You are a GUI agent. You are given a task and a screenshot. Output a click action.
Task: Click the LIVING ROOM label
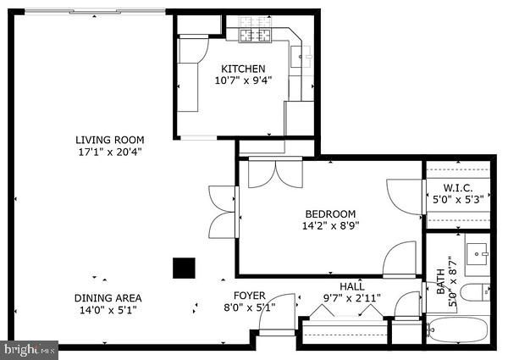tap(109, 140)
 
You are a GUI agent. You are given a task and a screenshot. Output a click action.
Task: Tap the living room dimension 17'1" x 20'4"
tap(109, 152)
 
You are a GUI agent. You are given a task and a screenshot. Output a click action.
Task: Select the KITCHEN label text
tap(243, 69)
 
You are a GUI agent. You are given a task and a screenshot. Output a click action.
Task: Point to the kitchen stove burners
tap(253, 35)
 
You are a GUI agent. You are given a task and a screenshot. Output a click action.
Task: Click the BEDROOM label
tap(329, 213)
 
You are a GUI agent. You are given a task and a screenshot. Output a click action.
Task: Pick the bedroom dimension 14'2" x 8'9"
tap(329, 226)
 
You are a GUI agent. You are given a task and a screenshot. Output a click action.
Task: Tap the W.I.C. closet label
tap(458, 187)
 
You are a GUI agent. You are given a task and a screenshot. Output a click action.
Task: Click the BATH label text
tap(441, 276)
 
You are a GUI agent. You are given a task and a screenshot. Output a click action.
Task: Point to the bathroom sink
tap(481, 253)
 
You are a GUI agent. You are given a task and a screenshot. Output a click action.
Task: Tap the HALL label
tap(352, 286)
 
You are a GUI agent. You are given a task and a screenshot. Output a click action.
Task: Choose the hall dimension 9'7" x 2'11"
tap(352, 298)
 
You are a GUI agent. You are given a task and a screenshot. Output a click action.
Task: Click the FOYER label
tap(249, 296)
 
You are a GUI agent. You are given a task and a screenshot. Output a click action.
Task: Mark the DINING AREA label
tap(108, 297)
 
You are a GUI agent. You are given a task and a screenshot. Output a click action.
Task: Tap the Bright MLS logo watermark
tap(30, 348)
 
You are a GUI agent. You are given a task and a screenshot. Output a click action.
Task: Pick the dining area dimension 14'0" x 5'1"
tap(108, 310)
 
